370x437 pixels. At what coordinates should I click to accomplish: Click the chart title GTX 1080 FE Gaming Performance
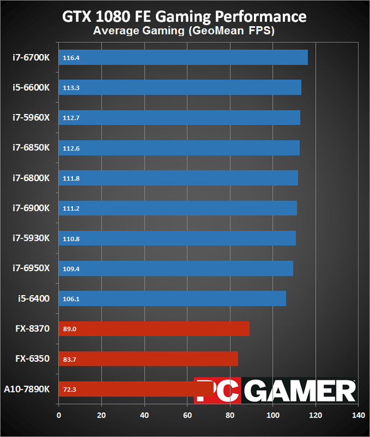point(184,15)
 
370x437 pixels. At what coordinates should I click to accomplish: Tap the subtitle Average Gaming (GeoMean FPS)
point(184,31)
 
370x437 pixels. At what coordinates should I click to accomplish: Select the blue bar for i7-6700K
point(183,58)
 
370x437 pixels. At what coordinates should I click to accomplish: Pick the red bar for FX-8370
point(154,329)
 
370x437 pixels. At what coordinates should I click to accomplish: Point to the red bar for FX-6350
point(148,359)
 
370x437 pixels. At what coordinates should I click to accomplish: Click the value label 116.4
point(71,58)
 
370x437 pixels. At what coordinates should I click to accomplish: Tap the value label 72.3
point(70,389)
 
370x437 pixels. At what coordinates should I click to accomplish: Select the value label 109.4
point(71,268)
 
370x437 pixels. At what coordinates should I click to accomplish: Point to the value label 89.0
point(70,329)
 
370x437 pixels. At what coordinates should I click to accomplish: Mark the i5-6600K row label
point(31,88)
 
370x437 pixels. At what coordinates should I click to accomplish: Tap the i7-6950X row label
point(31,268)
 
